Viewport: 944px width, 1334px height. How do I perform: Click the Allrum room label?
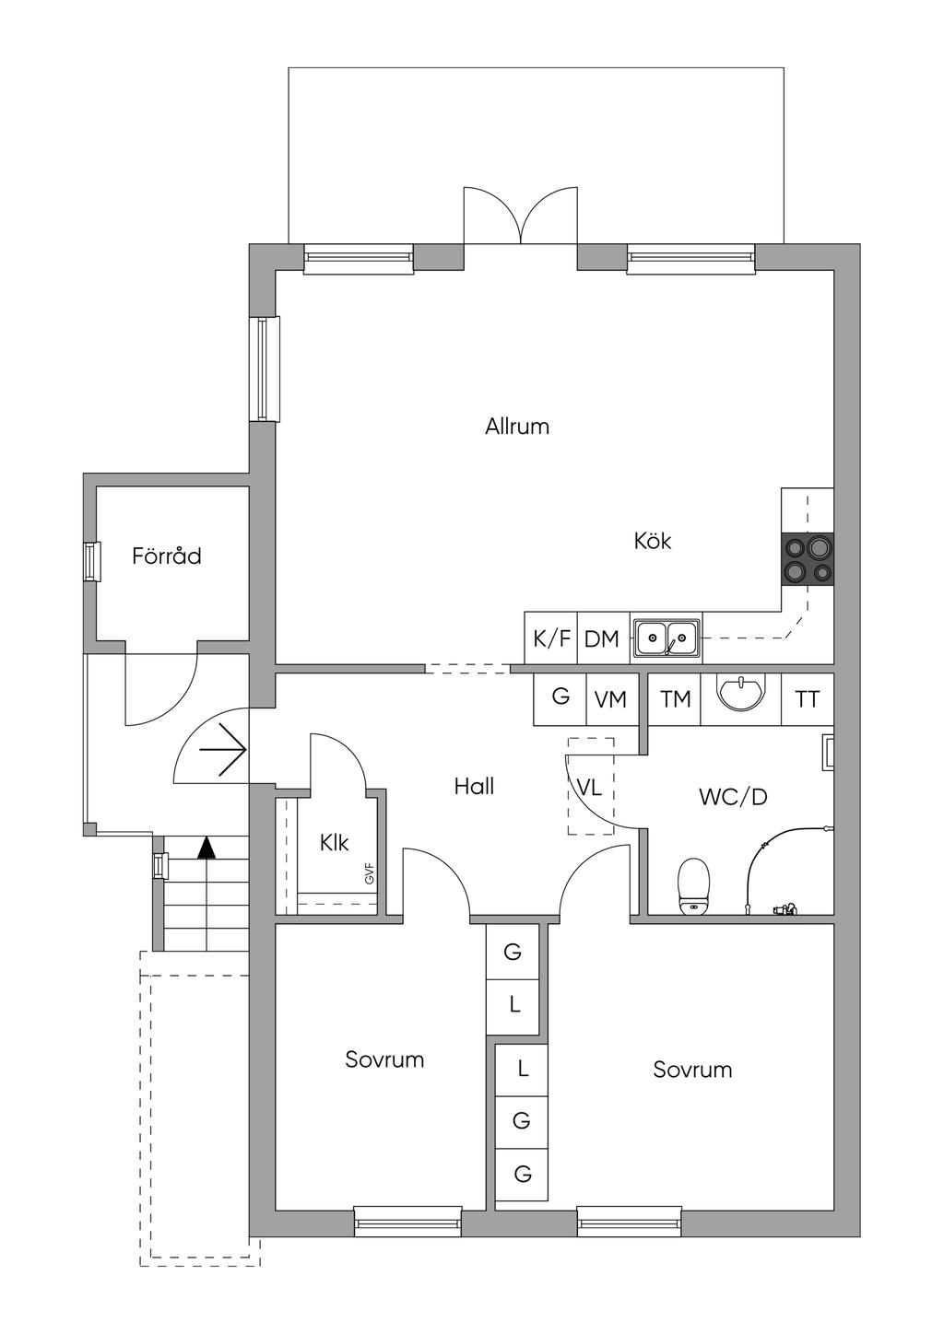(x=517, y=427)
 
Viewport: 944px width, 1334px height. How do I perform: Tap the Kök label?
(x=652, y=541)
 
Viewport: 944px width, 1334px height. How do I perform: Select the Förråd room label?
(x=166, y=556)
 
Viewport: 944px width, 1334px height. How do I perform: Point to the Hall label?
(x=474, y=787)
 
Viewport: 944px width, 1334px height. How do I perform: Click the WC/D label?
(x=733, y=797)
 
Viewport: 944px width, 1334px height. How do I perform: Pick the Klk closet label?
(x=334, y=843)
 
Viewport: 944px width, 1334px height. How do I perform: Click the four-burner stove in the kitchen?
(x=808, y=559)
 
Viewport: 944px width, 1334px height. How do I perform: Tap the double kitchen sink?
(x=667, y=637)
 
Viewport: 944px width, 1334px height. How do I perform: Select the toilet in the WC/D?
(x=693, y=887)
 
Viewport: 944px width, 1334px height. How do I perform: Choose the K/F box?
(x=551, y=638)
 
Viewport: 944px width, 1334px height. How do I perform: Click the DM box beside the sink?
(x=602, y=638)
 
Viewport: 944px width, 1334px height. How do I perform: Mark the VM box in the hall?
(x=610, y=700)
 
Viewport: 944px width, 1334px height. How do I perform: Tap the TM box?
(x=675, y=700)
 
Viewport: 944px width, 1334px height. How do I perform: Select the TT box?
(x=808, y=700)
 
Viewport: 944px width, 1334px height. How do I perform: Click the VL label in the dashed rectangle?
(x=589, y=788)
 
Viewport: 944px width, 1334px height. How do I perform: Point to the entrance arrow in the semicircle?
(x=222, y=750)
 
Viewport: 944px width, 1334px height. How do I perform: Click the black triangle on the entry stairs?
(x=206, y=847)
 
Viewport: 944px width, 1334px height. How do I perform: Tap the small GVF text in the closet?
(x=369, y=873)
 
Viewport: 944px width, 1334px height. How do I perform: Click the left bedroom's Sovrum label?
(x=384, y=1059)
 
